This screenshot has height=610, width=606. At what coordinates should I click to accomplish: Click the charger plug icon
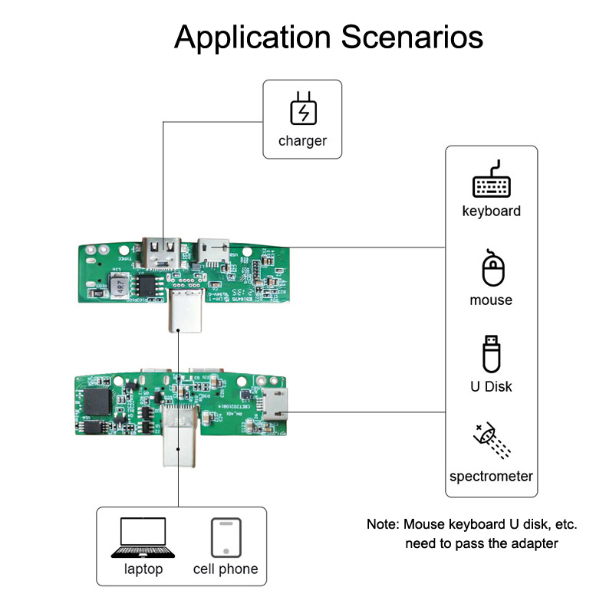[303, 109]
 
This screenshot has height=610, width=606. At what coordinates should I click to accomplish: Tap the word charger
[302, 141]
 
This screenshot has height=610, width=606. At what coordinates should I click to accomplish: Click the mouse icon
[491, 270]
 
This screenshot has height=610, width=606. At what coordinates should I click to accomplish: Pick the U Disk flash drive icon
[491, 354]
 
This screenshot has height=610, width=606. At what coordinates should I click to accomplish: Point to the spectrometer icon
[491, 442]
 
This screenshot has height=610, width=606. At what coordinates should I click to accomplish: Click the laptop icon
[143, 538]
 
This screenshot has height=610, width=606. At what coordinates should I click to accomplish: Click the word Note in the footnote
[382, 525]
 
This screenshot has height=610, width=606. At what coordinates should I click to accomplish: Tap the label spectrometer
[491, 477]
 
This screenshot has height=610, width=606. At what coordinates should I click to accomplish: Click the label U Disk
[491, 386]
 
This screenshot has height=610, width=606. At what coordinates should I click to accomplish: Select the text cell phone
[226, 569]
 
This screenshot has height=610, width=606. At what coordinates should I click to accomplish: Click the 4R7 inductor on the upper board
[118, 286]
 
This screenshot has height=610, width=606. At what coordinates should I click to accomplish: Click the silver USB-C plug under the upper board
[185, 311]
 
